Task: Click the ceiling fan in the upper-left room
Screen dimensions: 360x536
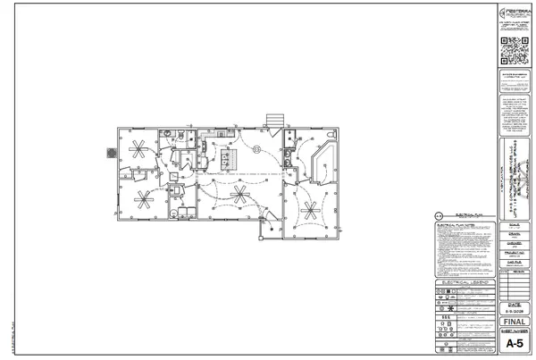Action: tap(139, 147)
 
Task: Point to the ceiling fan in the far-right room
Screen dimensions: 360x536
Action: tap(309, 211)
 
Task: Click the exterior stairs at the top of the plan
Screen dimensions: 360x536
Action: tap(274, 121)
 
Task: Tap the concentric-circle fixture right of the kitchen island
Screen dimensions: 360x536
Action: tap(256, 149)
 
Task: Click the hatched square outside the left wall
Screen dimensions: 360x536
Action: tap(109, 153)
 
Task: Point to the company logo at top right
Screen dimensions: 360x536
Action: tap(511, 13)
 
